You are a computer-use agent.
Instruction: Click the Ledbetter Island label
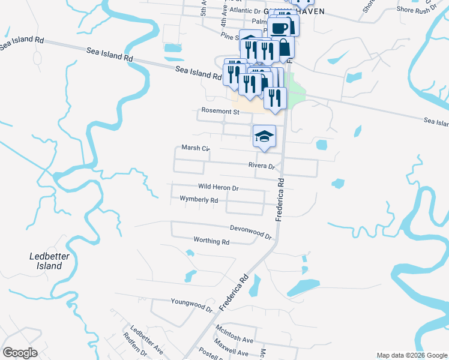[46, 261]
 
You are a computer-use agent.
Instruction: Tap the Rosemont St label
[220, 112]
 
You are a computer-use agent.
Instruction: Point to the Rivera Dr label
[261, 166]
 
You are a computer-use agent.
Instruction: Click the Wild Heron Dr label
[218, 188]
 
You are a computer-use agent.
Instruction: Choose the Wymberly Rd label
[198, 199]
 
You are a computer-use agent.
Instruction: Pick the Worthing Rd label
[211, 241]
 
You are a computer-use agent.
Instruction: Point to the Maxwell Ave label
[234, 347]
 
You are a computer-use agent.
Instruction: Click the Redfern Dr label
[133, 352]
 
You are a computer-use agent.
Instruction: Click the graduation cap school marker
[264, 136]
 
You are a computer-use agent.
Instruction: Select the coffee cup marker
[279, 27]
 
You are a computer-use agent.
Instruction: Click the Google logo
[20, 353]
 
